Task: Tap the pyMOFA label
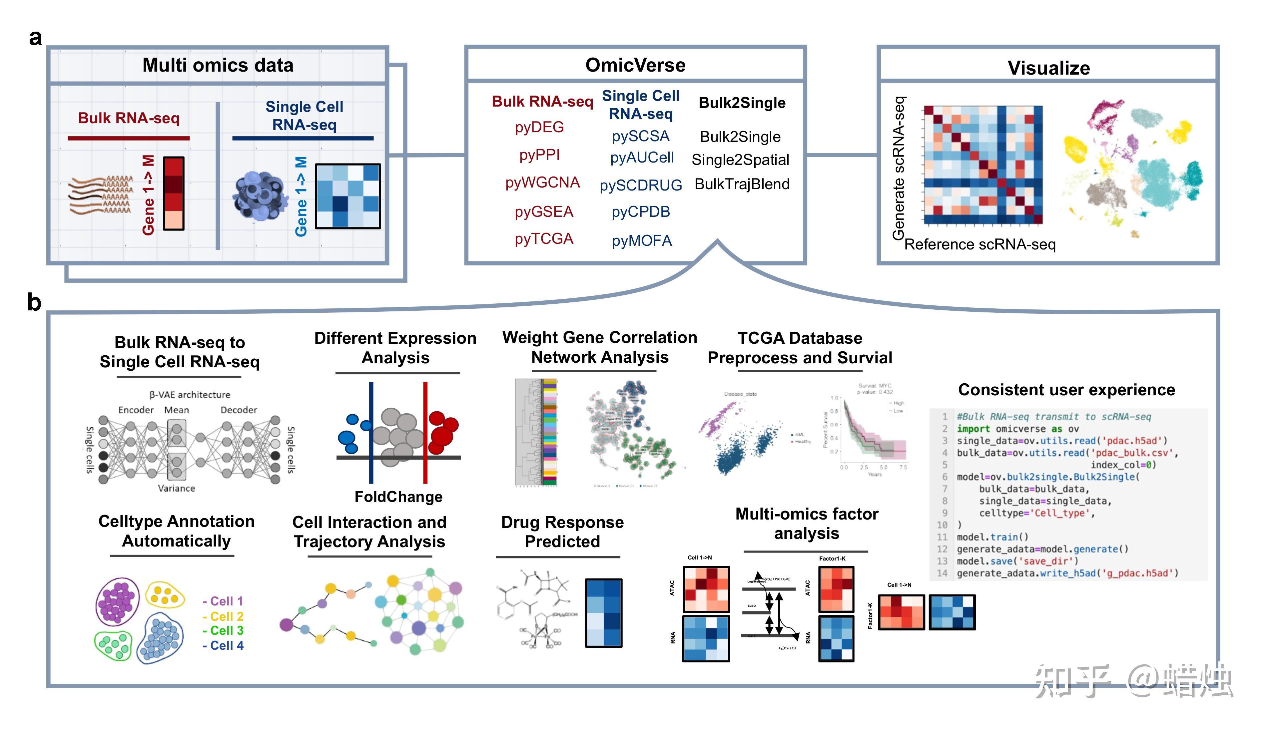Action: click(642, 241)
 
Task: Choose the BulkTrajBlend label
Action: click(742, 184)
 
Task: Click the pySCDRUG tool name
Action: click(641, 185)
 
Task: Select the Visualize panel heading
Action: click(1048, 68)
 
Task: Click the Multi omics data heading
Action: click(218, 65)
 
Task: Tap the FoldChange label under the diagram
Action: click(398, 497)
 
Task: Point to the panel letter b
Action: click(34, 302)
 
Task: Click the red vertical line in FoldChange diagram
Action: click(425, 432)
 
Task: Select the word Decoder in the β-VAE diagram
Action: click(239, 410)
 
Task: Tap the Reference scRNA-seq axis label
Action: click(979, 244)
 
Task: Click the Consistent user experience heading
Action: click(1066, 390)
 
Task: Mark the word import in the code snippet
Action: click(973, 429)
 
